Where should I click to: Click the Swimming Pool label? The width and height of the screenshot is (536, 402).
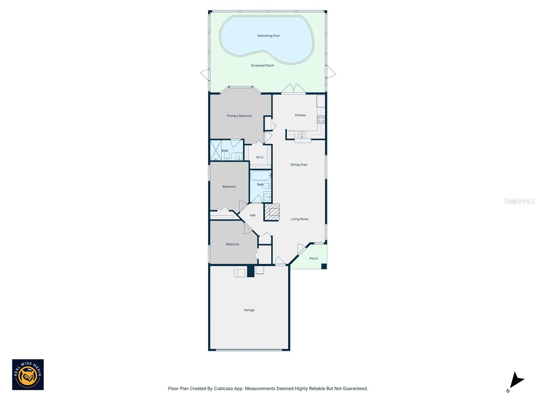268,36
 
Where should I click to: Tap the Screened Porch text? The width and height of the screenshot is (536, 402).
262,66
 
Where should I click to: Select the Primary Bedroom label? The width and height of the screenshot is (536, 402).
239,116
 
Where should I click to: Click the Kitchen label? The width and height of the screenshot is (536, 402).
300,115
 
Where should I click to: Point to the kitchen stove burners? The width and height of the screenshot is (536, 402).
321,120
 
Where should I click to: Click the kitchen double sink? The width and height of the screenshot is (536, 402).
302,134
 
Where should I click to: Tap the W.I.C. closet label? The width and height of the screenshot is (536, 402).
260,157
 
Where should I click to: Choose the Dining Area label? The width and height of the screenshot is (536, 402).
298,165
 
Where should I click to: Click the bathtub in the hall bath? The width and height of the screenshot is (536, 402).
260,176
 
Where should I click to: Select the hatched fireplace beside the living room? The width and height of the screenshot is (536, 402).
272,212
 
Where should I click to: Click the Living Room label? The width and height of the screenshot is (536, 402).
299,219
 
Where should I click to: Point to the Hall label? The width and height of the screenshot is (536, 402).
253,215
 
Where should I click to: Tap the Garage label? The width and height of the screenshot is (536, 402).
249,310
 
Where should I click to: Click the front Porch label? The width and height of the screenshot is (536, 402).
314,259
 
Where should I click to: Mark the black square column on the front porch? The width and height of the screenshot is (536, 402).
324,266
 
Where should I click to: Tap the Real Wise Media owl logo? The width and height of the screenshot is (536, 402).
28,375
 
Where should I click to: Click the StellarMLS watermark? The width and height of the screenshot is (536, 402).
519,201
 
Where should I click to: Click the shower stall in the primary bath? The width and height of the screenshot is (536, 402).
216,150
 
